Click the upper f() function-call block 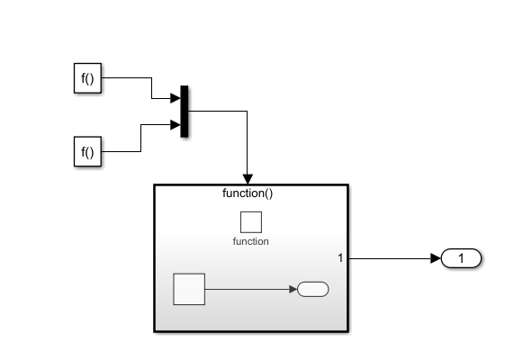pyautogui.click(x=87, y=78)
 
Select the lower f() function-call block pyautogui.click(x=87, y=152)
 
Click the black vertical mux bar pyautogui.click(x=185, y=112)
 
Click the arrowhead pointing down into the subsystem pyautogui.click(x=248, y=178)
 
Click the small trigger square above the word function pyautogui.click(x=250, y=221)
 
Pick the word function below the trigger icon pyautogui.click(x=250, y=241)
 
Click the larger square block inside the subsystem pyautogui.click(x=189, y=290)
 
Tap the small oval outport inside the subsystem pyautogui.click(x=312, y=290)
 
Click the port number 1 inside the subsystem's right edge pyautogui.click(x=340, y=259)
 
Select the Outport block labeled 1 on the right pyautogui.click(x=462, y=259)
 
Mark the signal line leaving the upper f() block pyautogui.click(x=126, y=78)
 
